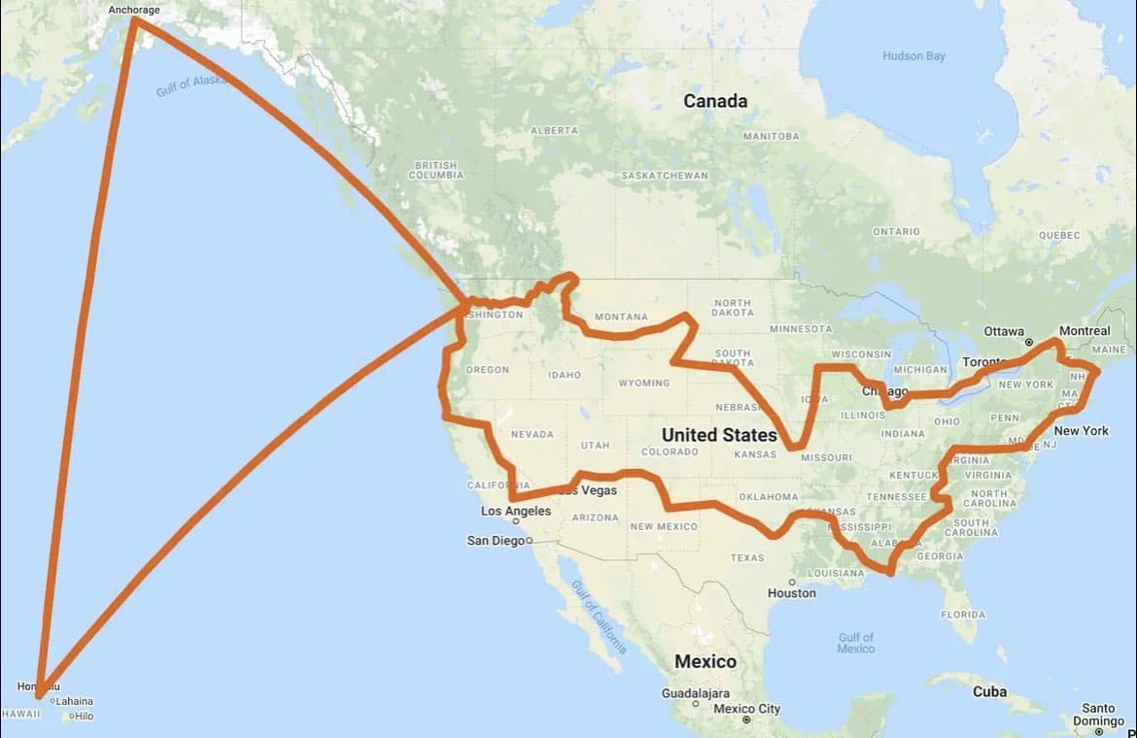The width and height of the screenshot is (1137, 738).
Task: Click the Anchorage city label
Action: click(134, 11)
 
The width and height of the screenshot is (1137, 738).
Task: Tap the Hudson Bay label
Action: click(913, 56)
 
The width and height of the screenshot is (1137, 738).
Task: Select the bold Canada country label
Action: click(715, 101)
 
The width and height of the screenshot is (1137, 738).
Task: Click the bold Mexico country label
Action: click(706, 661)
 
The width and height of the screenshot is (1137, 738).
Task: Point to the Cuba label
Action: click(989, 692)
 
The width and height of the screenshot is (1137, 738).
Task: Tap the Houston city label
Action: click(791, 593)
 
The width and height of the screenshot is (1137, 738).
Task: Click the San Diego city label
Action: click(496, 541)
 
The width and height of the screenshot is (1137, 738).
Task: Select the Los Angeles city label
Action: click(515, 512)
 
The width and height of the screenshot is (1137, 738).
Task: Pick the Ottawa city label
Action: click(1004, 331)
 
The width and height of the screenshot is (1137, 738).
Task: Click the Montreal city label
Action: click(1084, 331)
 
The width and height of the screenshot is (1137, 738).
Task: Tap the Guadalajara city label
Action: click(696, 694)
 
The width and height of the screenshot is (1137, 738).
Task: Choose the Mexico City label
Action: click(746, 709)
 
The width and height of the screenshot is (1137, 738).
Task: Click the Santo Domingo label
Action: click(1098, 715)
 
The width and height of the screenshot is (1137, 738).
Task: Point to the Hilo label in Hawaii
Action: click(84, 717)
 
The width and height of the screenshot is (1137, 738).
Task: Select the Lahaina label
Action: click(74, 701)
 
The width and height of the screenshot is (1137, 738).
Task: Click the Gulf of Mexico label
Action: click(855, 643)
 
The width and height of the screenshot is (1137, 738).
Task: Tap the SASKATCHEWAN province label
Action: click(665, 176)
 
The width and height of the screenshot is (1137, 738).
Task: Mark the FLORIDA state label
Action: click(962, 615)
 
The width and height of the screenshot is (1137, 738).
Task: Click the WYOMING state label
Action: click(643, 384)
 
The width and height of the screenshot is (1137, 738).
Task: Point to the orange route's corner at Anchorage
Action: click(134, 19)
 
